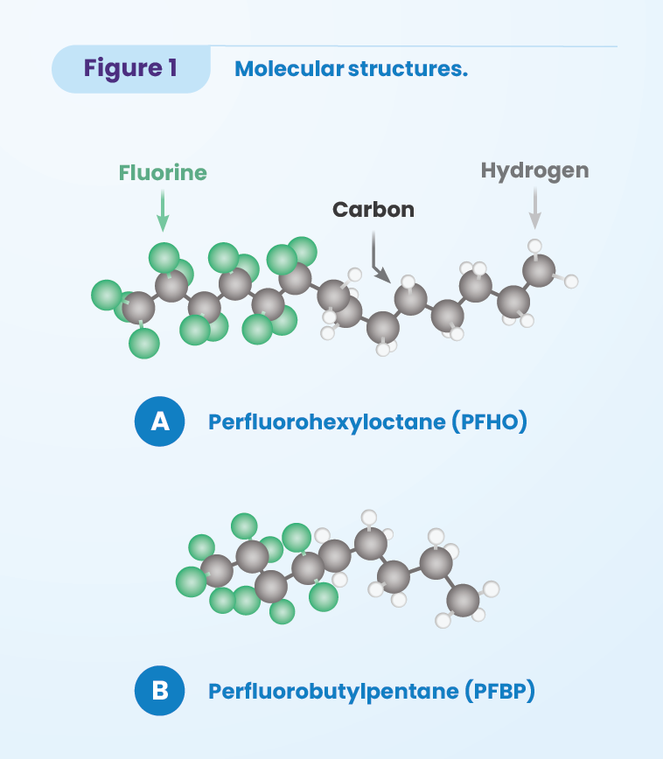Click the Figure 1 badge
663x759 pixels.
click(130, 69)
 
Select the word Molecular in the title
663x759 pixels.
click(290, 69)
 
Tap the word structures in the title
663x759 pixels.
click(408, 69)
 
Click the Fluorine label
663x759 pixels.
click(163, 173)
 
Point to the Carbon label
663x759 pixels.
click(373, 210)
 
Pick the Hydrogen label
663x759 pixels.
click(534, 171)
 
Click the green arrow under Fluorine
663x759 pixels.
click(163, 211)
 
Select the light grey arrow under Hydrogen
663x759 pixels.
click(534, 208)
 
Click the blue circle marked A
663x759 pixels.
click(160, 421)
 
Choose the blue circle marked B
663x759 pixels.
click(160, 691)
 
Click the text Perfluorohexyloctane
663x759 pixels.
click(327, 422)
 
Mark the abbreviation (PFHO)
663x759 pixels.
click(489, 422)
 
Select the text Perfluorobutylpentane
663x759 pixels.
click(333, 691)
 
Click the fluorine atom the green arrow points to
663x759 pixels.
click(164, 258)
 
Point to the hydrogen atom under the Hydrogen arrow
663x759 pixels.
click(534, 246)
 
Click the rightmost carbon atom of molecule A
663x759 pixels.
click(539, 270)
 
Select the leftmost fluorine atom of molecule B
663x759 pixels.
click(192, 581)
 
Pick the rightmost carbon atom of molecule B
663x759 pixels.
click(463, 600)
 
